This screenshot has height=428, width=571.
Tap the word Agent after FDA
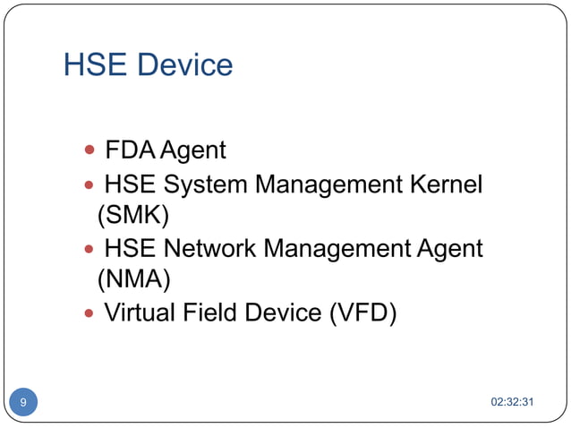(x=192, y=149)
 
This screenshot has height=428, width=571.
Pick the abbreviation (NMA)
(x=133, y=279)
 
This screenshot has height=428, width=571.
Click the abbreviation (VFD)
(x=362, y=312)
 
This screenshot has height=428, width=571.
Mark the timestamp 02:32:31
(x=513, y=402)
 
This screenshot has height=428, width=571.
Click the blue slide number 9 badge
(x=23, y=402)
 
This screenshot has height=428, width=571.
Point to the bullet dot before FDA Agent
(x=89, y=150)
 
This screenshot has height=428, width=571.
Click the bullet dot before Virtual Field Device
(x=89, y=313)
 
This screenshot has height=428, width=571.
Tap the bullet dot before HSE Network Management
(x=89, y=250)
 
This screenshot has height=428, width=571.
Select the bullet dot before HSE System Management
(x=89, y=186)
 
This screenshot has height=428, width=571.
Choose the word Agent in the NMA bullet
(x=450, y=249)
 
